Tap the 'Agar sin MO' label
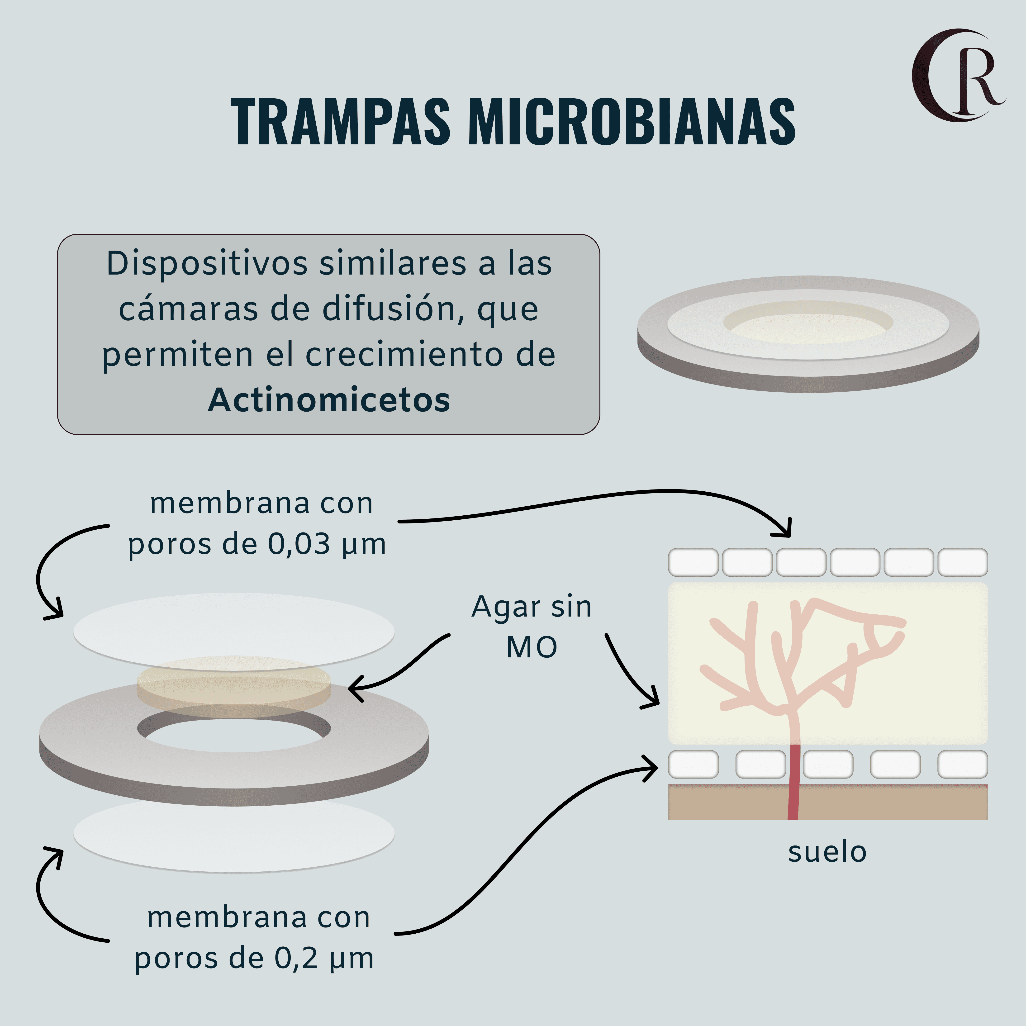(x=531, y=627)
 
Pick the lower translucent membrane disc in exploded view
(x=234, y=839)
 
